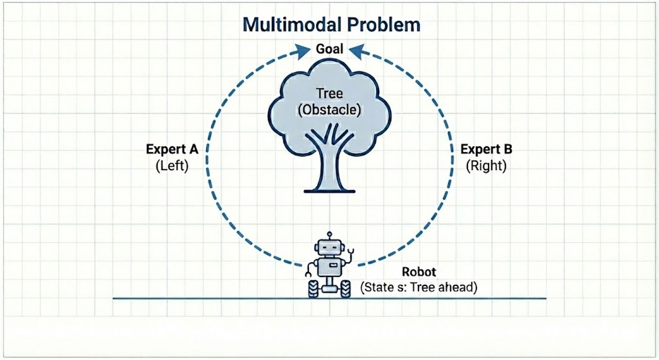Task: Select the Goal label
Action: coord(329,48)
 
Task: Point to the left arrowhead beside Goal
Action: coord(302,51)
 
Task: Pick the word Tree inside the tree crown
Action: coord(329,94)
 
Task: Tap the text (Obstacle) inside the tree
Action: coord(329,110)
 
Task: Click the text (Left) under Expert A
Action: coord(171,166)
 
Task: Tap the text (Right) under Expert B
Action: coord(486,166)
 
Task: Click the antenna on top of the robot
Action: coord(329,235)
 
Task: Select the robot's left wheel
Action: coord(313,288)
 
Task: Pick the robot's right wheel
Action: coord(345,288)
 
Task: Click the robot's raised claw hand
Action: coord(350,251)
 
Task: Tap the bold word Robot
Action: coord(419,272)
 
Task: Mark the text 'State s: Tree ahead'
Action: coord(419,287)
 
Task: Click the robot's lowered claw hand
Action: coord(308,274)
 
